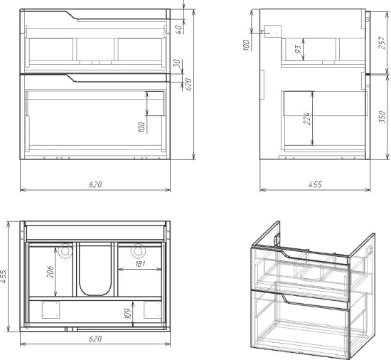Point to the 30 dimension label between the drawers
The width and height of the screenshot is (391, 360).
pyautogui.click(x=177, y=63)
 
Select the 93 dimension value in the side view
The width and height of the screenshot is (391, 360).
pyautogui.click(x=299, y=49)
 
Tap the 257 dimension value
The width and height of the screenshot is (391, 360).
pyautogui.click(x=382, y=43)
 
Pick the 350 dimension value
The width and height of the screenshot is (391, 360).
pyautogui.click(x=382, y=117)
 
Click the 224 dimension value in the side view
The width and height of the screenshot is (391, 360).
pyautogui.click(x=307, y=119)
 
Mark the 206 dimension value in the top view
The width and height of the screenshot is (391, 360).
pyautogui.click(x=50, y=272)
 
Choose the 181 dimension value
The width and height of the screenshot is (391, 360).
pyautogui.click(x=140, y=264)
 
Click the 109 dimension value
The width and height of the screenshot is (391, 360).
pyautogui.click(x=127, y=314)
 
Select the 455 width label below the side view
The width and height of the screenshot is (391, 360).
pyautogui.click(x=316, y=184)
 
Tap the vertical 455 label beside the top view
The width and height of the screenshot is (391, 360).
pyautogui.click(x=4, y=276)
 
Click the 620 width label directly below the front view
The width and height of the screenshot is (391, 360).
pyautogui.click(x=95, y=184)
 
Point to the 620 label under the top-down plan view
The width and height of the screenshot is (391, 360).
pyautogui.click(x=95, y=339)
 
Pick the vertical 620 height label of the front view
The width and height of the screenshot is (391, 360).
pyautogui.click(x=189, y=85)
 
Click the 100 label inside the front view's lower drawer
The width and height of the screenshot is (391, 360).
pyautogui.click(x=141, y=127)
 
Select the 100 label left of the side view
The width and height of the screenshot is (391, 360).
pyautogui.click(x=246, y=45)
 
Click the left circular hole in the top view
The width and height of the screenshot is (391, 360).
pyautogui.click(x=65, y=250)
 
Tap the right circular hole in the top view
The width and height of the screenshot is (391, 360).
pyautogui.click(x=138, y=250)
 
